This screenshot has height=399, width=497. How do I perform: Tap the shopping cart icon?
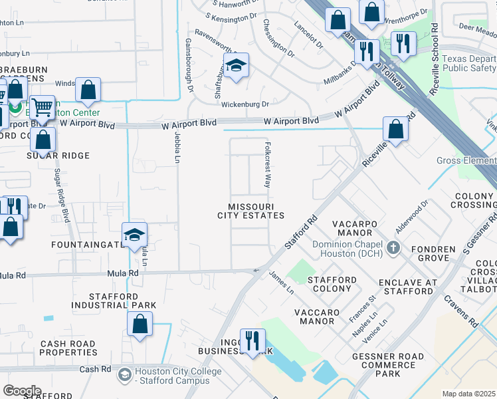click(43, 106)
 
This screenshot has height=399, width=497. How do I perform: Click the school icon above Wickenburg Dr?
click(235, 66)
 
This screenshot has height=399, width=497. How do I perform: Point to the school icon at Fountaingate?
click(134, 235)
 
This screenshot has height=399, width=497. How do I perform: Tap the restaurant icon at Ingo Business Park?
click(252, 341)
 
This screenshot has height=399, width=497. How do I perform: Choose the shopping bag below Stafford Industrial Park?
click(140, 325)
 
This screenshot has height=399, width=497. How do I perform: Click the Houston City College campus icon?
click(124, 376)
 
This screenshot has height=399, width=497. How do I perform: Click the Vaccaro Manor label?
click(308, 317)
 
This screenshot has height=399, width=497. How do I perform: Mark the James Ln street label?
click(282, 283)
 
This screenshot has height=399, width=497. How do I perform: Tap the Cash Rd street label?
click(97, 369)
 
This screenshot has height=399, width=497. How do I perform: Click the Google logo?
click(21, 391)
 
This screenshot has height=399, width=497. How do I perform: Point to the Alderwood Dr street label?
click(411, 214)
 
